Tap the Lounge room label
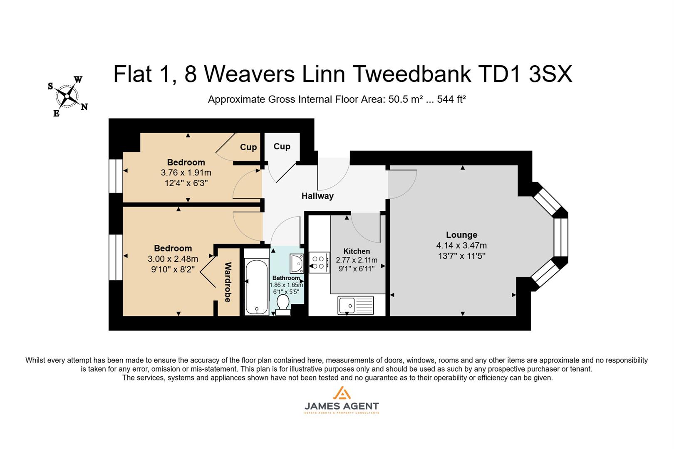(461, 235)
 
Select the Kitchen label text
(357, 251)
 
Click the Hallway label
(317, 196)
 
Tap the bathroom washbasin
(297, 263)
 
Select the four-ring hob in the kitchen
(319, 262)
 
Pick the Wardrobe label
(228, 282)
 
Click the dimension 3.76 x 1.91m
(186, 173)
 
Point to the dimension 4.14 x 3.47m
(461, 245)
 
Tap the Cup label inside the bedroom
(248, 147)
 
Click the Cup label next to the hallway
(282, 146)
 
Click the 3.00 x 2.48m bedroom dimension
(173, 259)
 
